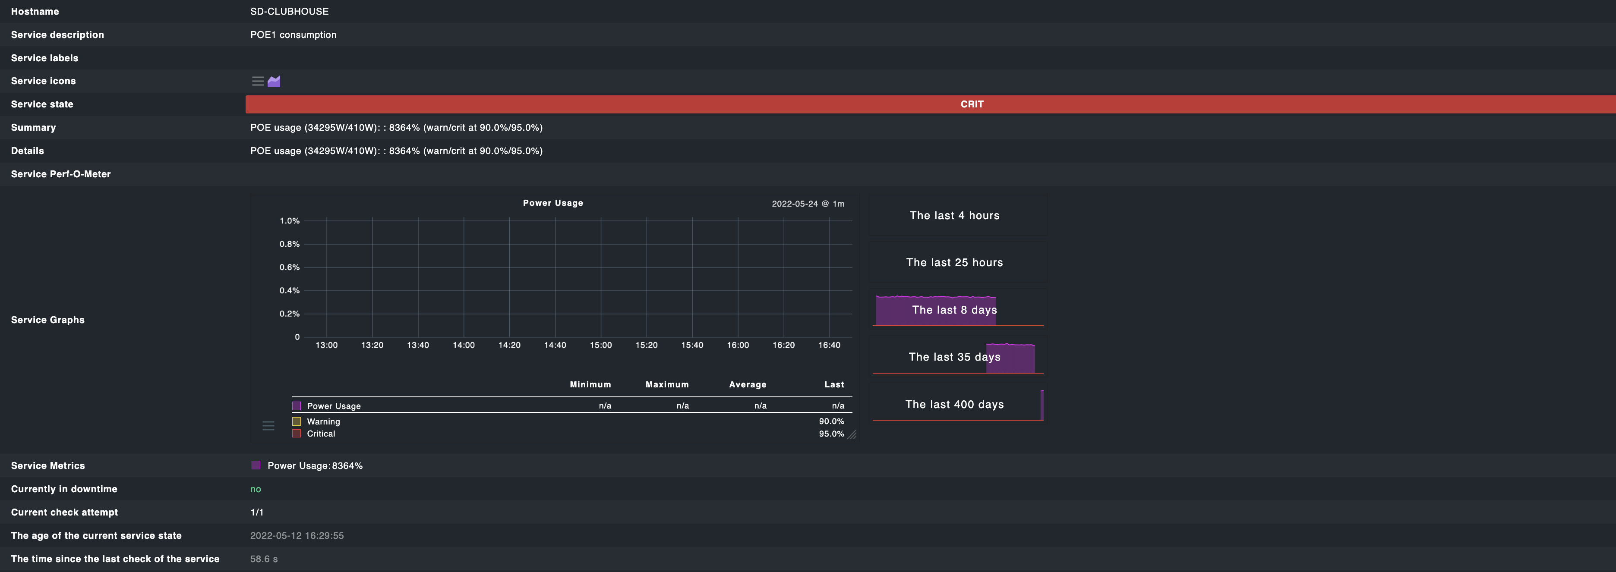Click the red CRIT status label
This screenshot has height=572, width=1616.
(x=971, y=104)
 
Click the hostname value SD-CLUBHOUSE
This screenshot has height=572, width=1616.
(x=289, y=11)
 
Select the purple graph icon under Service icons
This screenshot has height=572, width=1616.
(x=274, y=81)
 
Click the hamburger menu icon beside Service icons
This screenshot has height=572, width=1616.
(x=258, y=81)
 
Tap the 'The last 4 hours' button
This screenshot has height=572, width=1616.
(x=954, y=215)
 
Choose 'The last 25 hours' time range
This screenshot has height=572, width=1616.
(x=954, y=262)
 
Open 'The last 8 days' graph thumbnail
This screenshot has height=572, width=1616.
(x=954, y=310)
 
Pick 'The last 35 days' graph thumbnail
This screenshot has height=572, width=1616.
(x=954, y=357)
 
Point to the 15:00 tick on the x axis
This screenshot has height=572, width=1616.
(x=600, y=345)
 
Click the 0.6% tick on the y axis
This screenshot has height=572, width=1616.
(x=289, y=267)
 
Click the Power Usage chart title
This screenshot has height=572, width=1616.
(x=552, y=203)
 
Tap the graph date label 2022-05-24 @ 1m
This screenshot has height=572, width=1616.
(x=808, y=204)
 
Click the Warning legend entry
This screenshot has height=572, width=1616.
(x=323, y=421)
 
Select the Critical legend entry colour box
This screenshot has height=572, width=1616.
(x=297, y=434)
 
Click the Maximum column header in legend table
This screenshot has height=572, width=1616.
(x=667, y=384)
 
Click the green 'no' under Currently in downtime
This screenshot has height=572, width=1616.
(x=256, y=489)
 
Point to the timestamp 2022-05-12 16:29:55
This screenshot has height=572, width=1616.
(x=297, y=536)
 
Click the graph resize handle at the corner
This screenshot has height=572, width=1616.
(x=852, y=435)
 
